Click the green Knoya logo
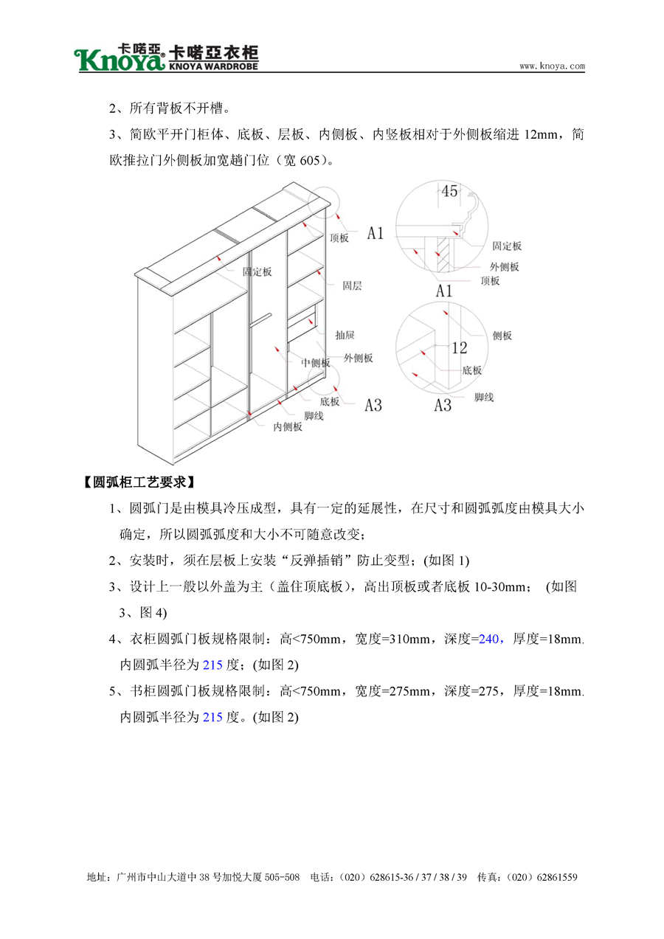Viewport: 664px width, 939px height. click(x=120, y=58)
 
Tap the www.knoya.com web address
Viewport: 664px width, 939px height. click(x=552, y=66)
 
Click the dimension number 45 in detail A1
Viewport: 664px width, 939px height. click(x=449, y=192)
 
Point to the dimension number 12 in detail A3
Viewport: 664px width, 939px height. click(x=459, y=347)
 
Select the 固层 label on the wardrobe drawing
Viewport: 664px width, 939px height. click(x=352, y=285)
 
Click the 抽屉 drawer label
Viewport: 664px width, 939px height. click(x=345, y=334)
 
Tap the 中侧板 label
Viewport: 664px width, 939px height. click(x=315, y=362)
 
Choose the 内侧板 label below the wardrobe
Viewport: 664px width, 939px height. click(x=288, y=426)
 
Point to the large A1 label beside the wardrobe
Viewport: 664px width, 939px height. click(x=376, y=234)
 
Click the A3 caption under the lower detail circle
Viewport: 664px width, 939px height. click(x=442, y=405)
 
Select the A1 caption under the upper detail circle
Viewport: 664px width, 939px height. click(x=443, y=291)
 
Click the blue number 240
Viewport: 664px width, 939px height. click(x=489, y=640)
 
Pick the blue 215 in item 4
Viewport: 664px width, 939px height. click(x=212, y=665)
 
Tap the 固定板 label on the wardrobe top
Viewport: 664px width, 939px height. click(x=257, y=272)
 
